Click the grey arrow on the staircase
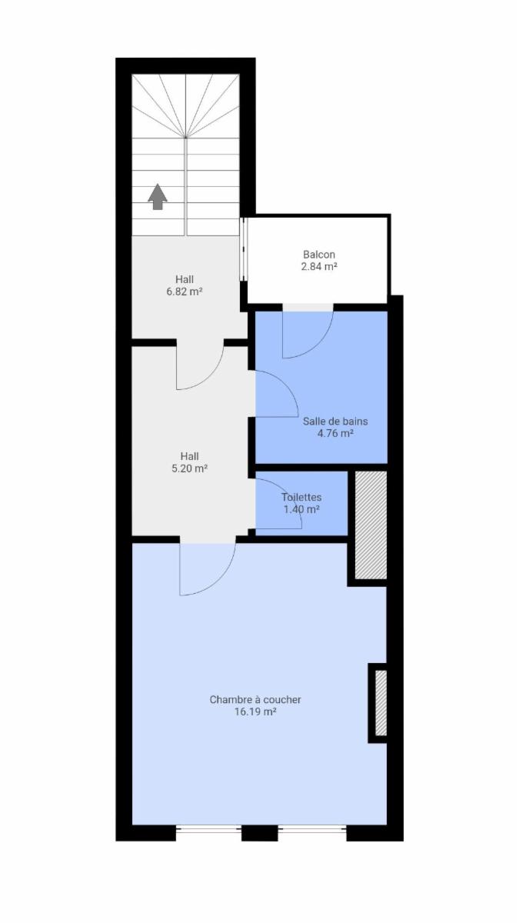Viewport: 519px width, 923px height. (x=158, y=197)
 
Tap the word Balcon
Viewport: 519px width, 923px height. (x=319, y=255)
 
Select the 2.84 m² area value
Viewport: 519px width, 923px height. (x=319, y=266)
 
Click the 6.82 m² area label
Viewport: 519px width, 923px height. (x=184, y=292)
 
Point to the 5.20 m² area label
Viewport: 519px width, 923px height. (x=189, y=468)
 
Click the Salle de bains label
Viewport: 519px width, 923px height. (x=335, y=422)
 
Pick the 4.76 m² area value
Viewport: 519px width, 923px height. (x=335, y=433)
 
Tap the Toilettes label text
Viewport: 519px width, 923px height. (x=301, y=498)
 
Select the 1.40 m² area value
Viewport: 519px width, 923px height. (x=301, y=509)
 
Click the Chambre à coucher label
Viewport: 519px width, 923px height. (x=255, y=700)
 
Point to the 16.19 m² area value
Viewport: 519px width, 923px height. (x=255, y=711)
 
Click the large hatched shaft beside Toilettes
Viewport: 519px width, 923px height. (x=371, y=525)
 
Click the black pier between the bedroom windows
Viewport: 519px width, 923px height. (x=258, y=833)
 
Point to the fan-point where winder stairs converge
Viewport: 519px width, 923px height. (x=186, y=137)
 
